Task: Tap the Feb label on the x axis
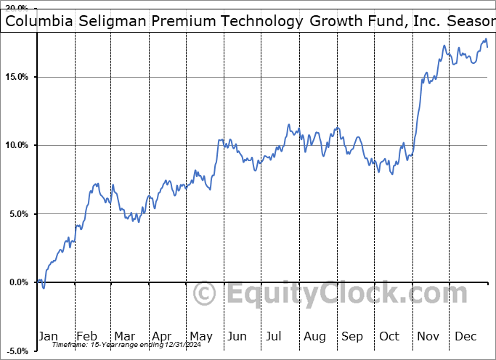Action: [87, 336]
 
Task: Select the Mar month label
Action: [125, 336]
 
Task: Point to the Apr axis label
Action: [163, 336]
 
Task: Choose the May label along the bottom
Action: [201, 336]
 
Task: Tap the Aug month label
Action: [314, 336]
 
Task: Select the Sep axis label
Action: [352, 336]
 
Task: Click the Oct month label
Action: [390, 336]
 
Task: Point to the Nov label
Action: [428, 336]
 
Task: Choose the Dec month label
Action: [465, 336]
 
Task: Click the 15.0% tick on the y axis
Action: [17, 77]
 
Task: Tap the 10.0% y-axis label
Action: [17, 145]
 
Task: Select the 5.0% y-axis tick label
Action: [20, 214]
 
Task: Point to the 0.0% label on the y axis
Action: [20, 282]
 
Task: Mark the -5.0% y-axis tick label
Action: [18, 351]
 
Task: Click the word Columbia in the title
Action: [36, 21]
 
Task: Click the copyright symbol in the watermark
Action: [205, 294]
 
